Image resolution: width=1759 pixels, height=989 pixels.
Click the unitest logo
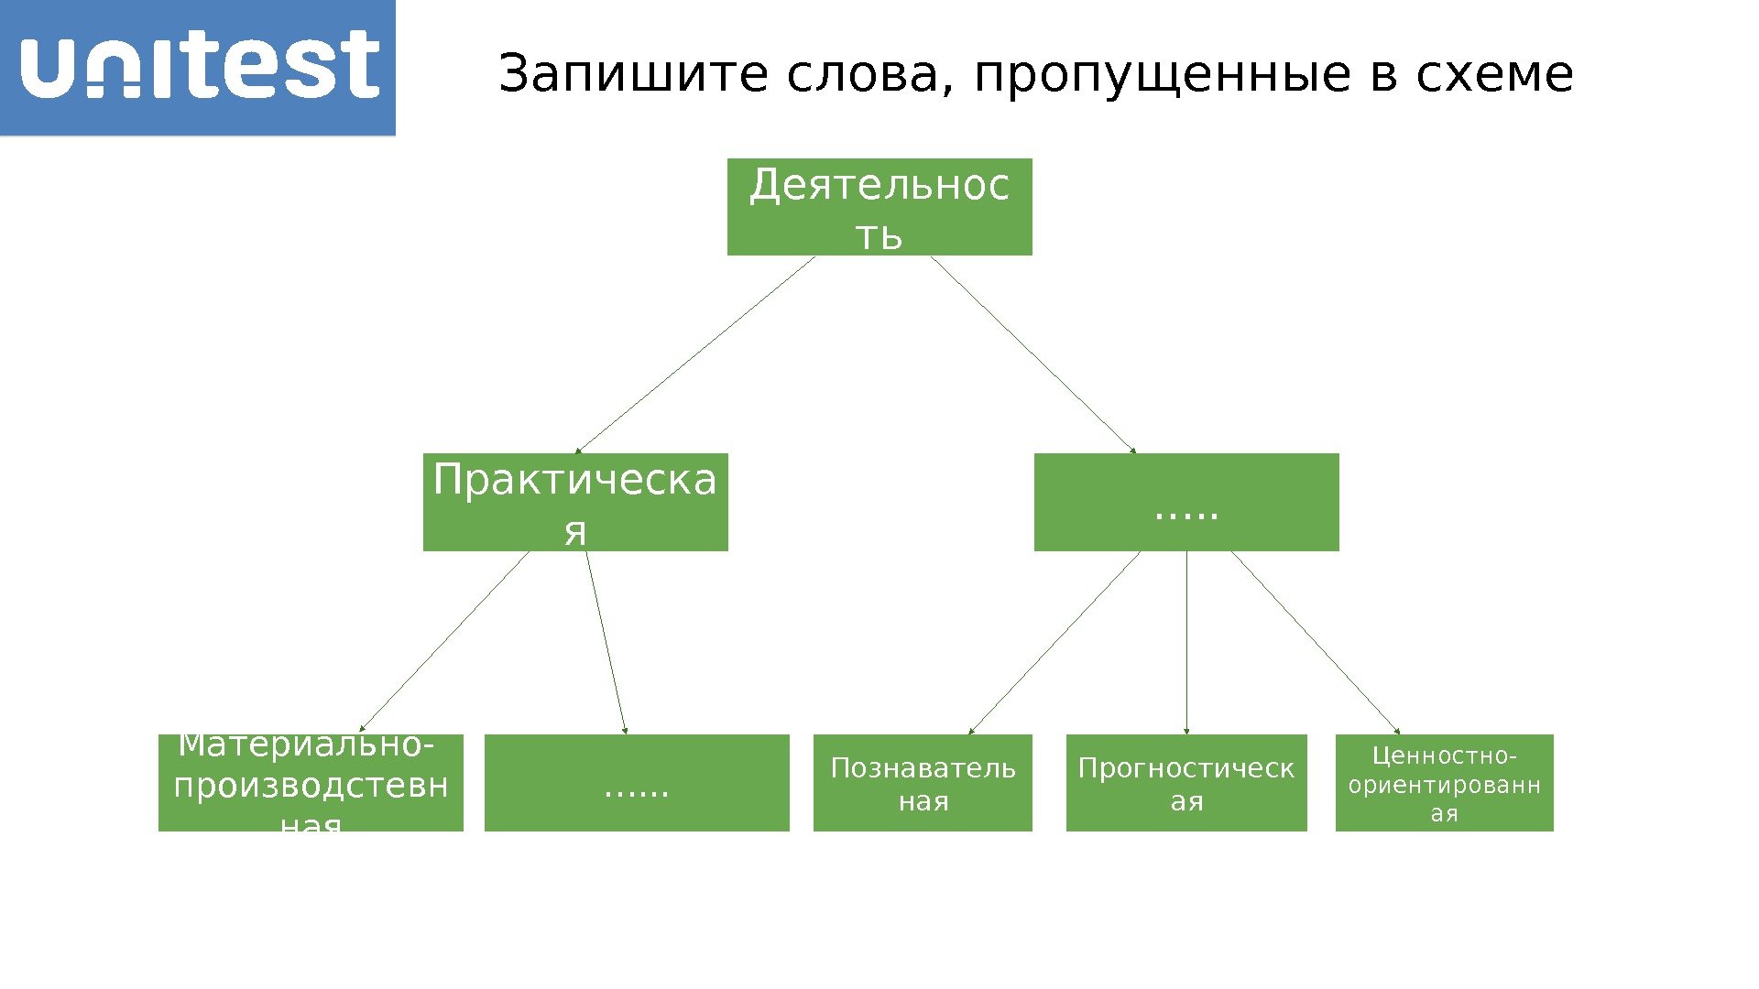(198, 67)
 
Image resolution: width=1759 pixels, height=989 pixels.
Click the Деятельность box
(879, 207)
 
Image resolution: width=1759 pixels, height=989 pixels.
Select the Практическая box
(575, 502)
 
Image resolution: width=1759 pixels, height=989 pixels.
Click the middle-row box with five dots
(1186, 502)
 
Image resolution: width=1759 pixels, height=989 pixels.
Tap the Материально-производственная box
(311, 783)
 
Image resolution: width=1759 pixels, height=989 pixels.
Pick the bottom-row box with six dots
(637, 783)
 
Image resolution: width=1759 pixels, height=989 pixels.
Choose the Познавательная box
(923, 783)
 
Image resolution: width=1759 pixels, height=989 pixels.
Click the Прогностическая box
(1186, 783)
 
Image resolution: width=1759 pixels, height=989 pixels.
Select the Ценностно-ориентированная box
(1444, 783)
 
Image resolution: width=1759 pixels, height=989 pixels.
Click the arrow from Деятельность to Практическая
(695, 354)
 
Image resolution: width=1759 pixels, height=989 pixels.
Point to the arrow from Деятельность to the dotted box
(1033, 354)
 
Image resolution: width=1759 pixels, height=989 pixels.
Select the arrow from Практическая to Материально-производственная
(444, 642)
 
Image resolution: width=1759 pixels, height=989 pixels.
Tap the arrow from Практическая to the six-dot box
(606, 642)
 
